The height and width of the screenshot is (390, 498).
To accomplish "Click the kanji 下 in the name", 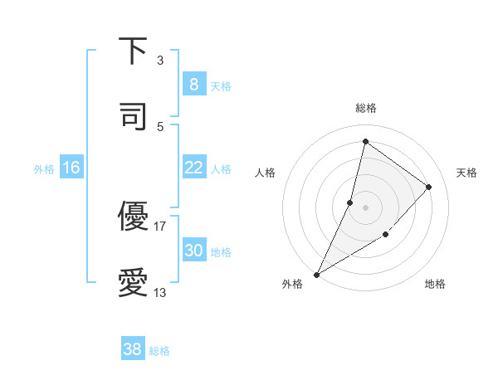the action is [x=133, y=51].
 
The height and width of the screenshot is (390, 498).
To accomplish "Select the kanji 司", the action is [x=133, y=116].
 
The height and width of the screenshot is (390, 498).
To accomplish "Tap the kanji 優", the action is [x=133, y=217].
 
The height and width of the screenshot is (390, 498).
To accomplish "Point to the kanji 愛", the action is [x=133, y=283].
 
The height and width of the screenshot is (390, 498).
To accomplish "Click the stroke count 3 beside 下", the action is [x=160, y=61].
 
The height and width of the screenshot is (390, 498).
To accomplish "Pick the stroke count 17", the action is [x=160, y=226].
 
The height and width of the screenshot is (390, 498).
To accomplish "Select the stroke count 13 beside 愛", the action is [x=160, y=292].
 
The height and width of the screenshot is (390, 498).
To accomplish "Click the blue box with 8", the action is [x=193, y=84].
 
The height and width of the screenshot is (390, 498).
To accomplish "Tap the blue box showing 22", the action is [x=193, y=168].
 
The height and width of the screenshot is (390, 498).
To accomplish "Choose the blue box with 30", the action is [x=193, y=251].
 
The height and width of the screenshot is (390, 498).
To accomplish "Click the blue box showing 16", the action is [x=71, y=168].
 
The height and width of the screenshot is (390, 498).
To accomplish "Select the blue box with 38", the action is [x=132, y=349].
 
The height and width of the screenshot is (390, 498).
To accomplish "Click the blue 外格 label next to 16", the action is [x=44, y=168].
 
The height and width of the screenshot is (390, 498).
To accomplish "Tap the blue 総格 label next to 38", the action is [x=159, y=351].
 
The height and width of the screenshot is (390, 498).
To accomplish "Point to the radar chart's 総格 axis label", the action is [x=366, y=108].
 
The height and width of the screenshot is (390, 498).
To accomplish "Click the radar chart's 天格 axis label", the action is [x=466, y=173].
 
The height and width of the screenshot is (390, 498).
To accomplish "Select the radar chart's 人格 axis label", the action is [x=265, y=173].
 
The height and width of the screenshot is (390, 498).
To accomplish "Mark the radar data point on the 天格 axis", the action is [x=429, y=187].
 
